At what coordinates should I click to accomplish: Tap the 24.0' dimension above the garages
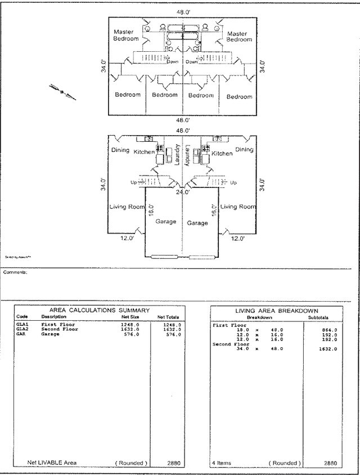tap(181, 192)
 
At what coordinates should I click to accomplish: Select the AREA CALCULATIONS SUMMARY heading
tap(100, 310)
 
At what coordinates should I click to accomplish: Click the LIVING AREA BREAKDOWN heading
tap(276, 311)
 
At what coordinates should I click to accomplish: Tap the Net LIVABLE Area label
tap(52, 463)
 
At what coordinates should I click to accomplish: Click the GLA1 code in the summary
tap(22, 325)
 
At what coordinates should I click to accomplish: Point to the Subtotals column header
tap(318, 317)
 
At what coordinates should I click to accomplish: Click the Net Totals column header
tap(168, 317)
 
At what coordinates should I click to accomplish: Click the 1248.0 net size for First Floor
tap(130, 325)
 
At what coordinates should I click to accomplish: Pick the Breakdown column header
tap(259, 317)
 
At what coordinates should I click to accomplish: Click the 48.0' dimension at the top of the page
tap(181, 11)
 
